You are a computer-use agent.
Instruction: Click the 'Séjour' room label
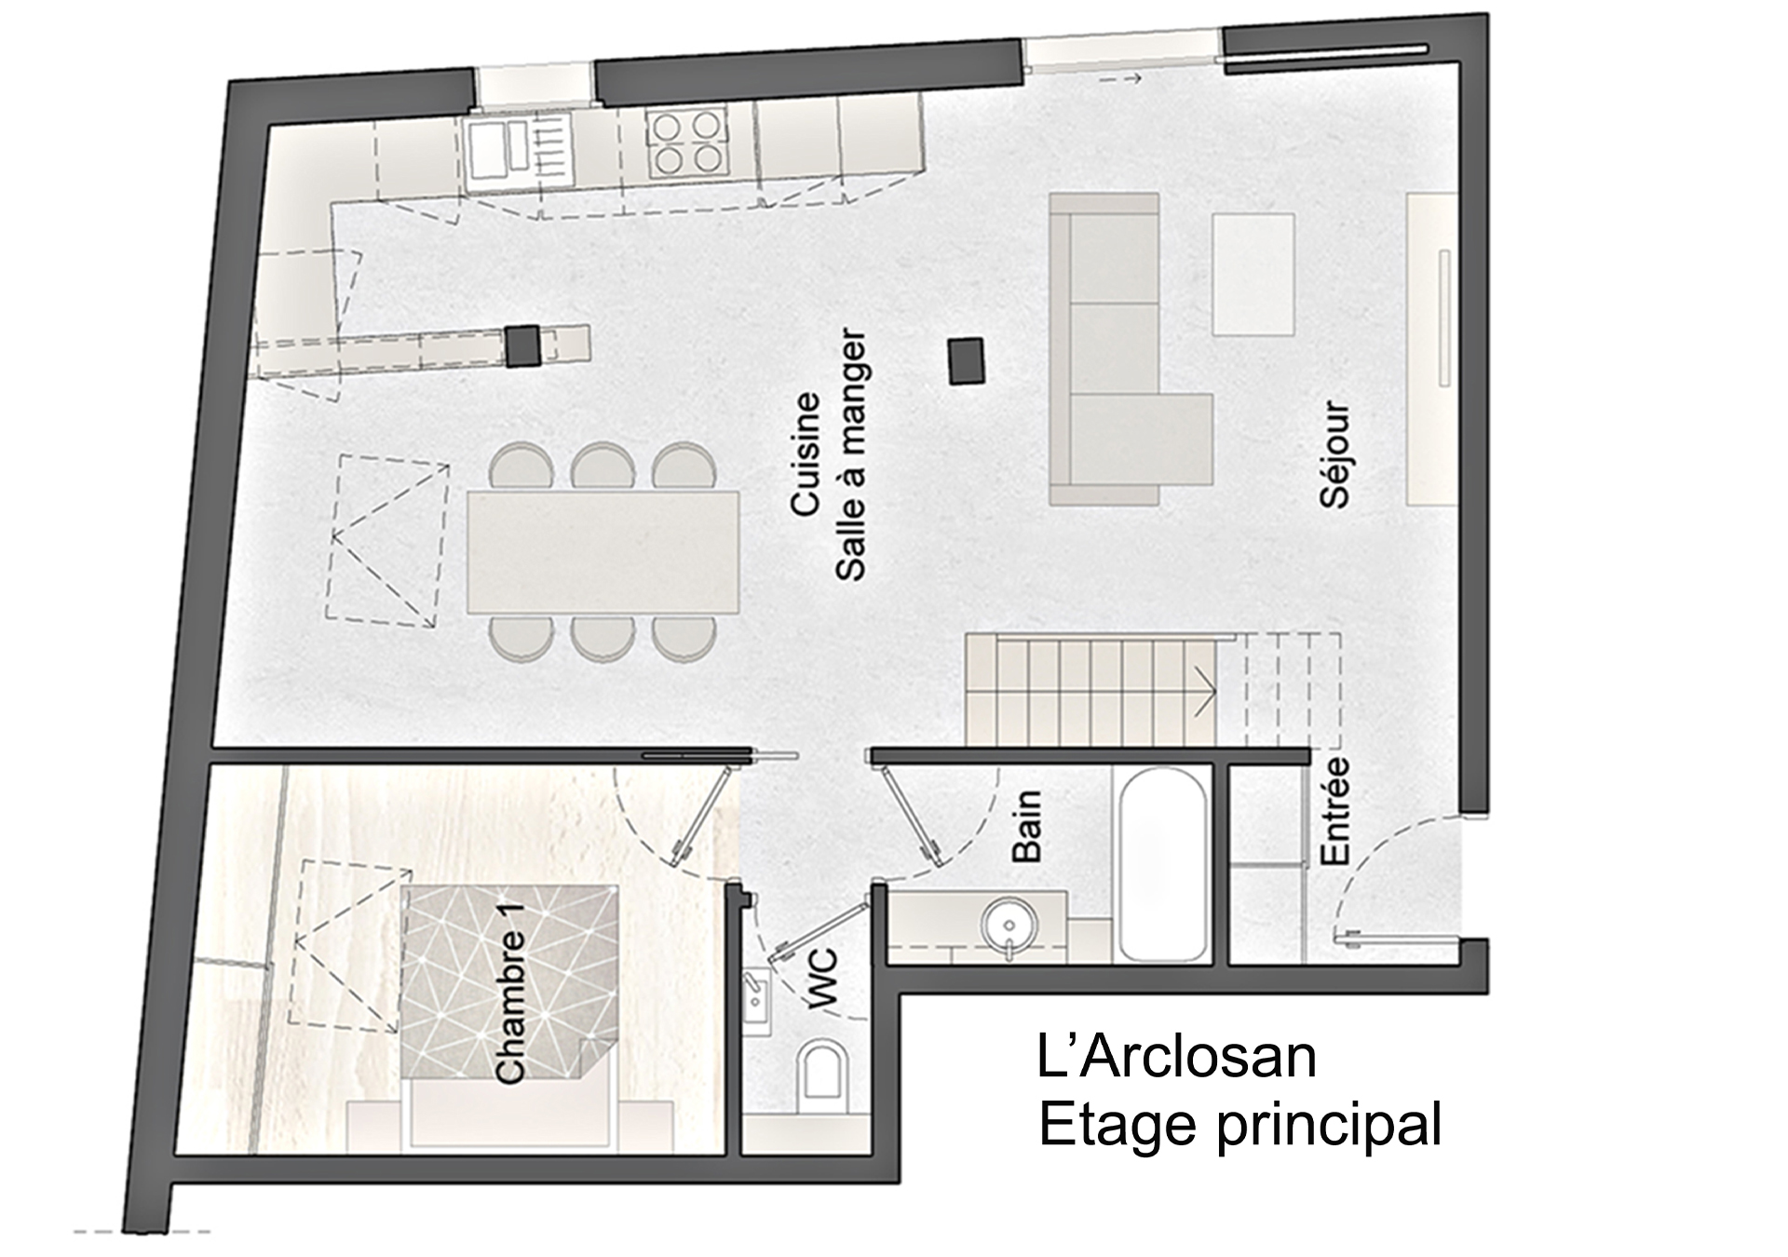coord(1334,454)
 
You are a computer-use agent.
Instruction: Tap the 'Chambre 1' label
coord(511,1007)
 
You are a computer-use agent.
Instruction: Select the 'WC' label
coord(824,979)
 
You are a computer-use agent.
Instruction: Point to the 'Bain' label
coord(1026,826)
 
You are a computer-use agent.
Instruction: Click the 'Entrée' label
coord(1334,811)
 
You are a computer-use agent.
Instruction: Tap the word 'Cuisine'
coord(806,453)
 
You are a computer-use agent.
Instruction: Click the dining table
coord(603,552)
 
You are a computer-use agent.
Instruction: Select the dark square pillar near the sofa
coord(966,361)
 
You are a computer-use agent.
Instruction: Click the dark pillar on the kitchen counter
coord(522,345)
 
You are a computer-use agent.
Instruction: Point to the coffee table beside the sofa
coord(1253,274)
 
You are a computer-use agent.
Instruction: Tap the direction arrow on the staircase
coord(1203,690)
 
